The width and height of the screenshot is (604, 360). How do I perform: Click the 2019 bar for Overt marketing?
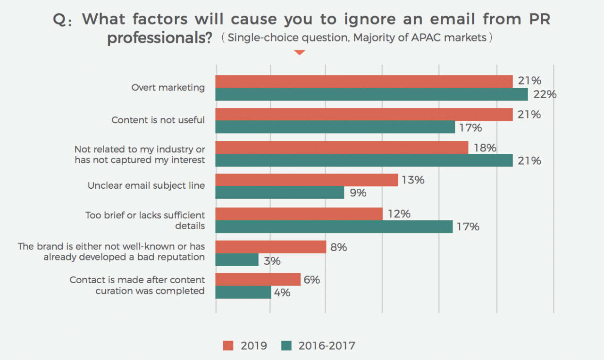[364, 81]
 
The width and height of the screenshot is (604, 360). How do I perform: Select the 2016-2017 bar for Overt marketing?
[371, 94]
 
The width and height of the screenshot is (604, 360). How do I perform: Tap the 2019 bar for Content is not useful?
[364, 115]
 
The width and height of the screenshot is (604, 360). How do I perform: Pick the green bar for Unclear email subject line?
[280, 193]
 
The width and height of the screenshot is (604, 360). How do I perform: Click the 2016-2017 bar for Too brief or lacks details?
[334, 226]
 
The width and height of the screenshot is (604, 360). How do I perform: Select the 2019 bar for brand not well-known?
[271, 247]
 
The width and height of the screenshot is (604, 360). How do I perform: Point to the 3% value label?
[272, 260]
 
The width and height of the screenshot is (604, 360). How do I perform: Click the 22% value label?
[545, 94]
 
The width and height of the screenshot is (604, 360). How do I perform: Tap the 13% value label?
[413, 180]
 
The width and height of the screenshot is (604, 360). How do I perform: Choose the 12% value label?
[399, 214]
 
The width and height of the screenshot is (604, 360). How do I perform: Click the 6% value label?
[312, 280]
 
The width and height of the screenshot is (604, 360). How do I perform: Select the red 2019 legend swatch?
[228, 346]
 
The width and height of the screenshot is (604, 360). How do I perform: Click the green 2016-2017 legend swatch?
[286, 346]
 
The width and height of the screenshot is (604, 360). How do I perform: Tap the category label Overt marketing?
[168, 87]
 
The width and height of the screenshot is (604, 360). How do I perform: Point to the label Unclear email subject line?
[146, 185]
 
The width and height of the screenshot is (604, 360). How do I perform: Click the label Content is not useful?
[158, 120]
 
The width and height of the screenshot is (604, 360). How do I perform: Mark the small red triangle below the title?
[300, 52]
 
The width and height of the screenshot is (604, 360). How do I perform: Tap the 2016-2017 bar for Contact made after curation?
[243, 293]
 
